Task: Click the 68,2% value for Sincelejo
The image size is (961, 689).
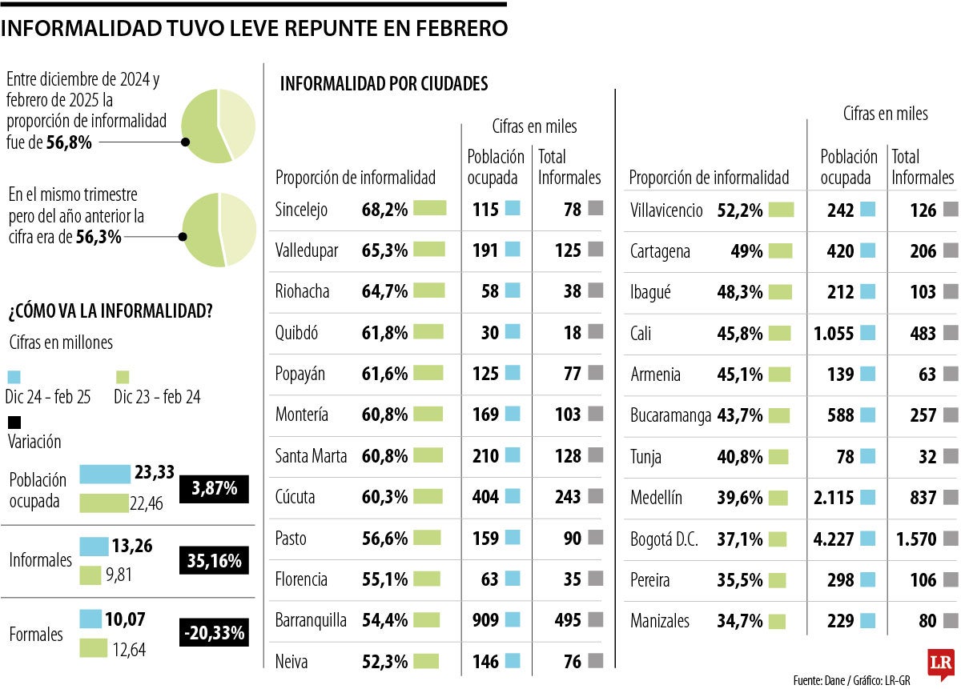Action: coord(385,210)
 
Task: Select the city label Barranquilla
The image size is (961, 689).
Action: coord(311,620)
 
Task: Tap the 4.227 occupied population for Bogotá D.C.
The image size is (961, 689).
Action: coord(834,539)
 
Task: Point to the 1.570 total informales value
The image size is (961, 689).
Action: coord(913,539)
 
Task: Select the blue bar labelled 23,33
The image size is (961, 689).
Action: coord(105,474)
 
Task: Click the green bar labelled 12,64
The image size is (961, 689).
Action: coord(94,648)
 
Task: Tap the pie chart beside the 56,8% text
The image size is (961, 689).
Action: coord(218,126)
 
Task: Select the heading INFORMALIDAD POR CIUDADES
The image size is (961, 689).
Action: coord(384,84)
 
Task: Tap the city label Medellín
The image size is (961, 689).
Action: coord(656,498)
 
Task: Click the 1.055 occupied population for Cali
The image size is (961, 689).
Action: coord(834,333)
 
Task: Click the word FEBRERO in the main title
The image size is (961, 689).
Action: coord(461,29)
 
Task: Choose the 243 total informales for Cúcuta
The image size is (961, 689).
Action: coord(568,497)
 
